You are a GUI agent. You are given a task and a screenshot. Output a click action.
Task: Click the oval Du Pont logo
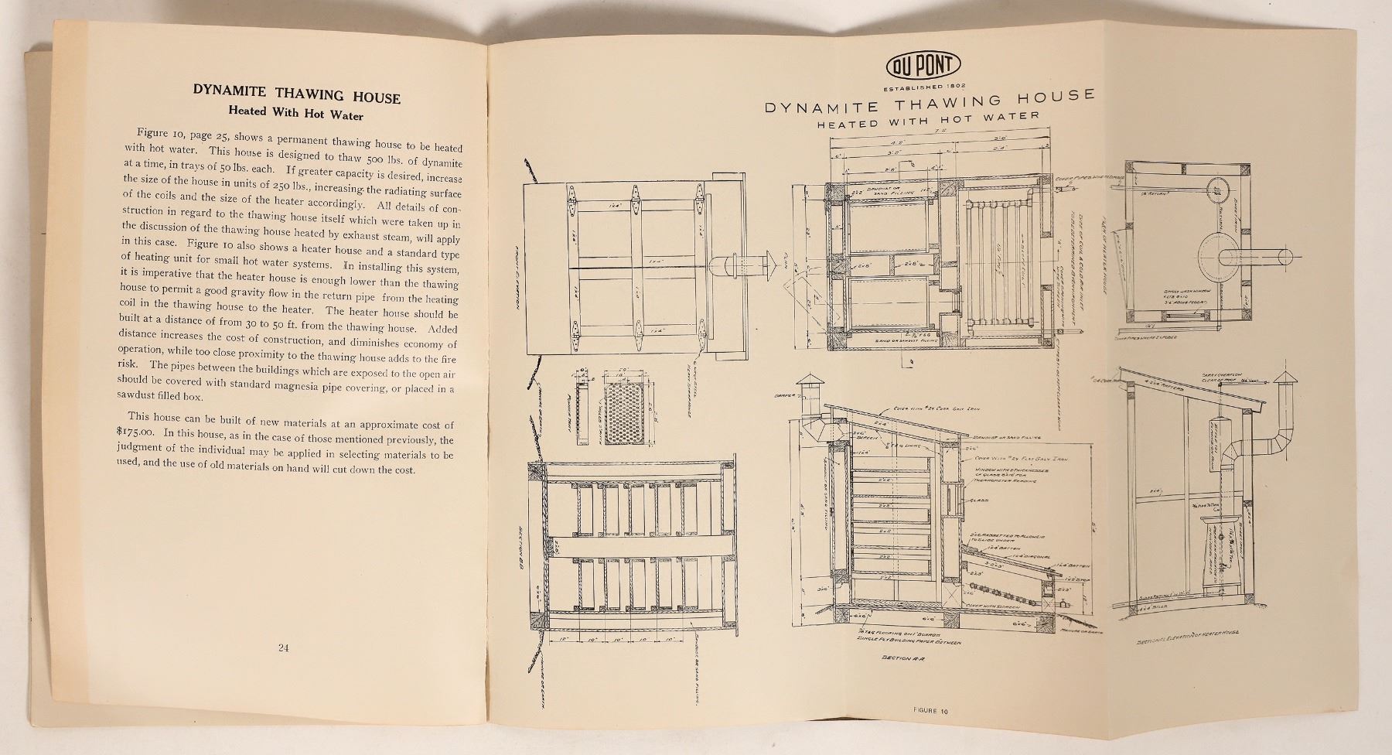pos(924,66)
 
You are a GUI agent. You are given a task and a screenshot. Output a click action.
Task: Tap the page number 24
pos(283,648)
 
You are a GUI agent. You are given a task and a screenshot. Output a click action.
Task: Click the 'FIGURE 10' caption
pos(929,710)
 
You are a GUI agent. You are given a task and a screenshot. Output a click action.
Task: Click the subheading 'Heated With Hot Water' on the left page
pos(298,115)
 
